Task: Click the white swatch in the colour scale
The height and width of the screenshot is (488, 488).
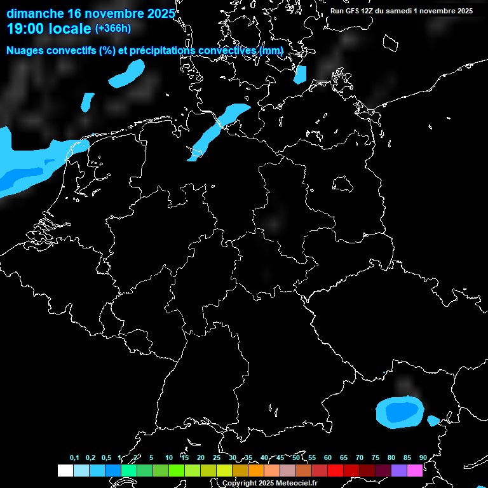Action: click(x=65, y=471)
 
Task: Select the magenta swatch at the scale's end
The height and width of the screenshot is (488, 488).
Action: click(x=415, y=471)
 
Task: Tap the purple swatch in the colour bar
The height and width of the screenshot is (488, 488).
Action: click(x=399, y=471)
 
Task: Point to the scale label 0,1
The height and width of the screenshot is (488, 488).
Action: click(x=74, y=458)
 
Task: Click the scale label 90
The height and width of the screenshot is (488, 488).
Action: click(x=423, y=458)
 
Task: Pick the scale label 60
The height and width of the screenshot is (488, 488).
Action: click(x=328, y=458)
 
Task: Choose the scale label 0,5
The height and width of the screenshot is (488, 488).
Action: click(x=106, y=458)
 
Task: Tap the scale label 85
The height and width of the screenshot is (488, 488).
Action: click(x=407, y=458)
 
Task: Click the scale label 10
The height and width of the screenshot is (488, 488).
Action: click(x=169, y=458)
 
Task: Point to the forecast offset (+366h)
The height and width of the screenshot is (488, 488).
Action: click(x=113, y=29)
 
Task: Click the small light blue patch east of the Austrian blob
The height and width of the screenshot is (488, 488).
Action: click(x=433, y=420)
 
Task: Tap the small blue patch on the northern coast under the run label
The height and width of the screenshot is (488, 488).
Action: click(x=300, y=74)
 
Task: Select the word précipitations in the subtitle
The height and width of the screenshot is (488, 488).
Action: click(x=160, y=50)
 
